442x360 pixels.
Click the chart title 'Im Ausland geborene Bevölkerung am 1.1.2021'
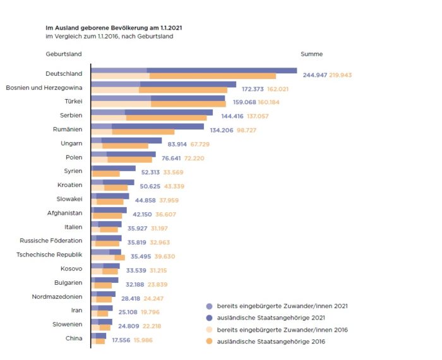tap(115, 28)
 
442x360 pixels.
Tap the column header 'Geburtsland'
tap(63, 54)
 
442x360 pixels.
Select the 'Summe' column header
tap(312, 54)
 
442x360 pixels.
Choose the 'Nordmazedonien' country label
tap(57, 296)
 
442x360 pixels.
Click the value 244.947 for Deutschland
tap(315, 75)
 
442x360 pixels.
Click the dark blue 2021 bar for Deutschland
tap(222, 70)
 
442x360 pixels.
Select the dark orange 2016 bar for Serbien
tap(166, 118)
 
